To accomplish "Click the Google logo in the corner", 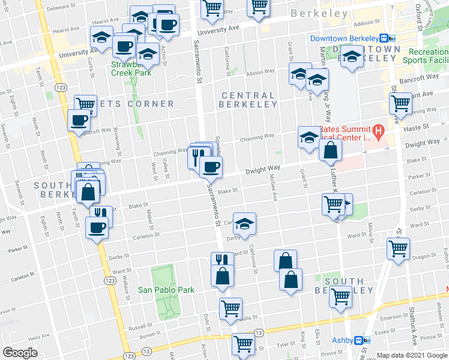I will click(20, 353).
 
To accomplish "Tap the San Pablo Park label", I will click(166, 290).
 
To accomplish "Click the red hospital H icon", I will click(378, 130).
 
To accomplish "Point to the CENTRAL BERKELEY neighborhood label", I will click(248, 100).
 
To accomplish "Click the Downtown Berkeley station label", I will click(346, 38).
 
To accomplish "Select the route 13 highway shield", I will click(259, 332).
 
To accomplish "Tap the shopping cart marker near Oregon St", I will click(399, 248).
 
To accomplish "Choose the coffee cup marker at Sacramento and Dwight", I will click(210, 167).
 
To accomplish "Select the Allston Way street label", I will click(260, 71).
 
